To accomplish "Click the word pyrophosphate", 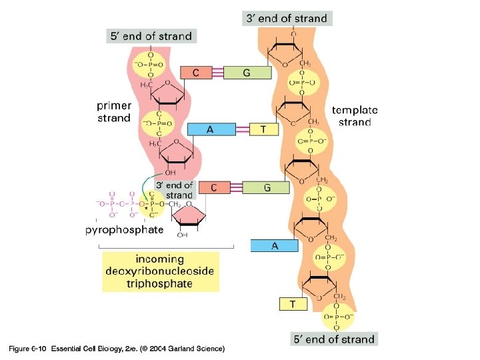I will (x=125, y=231).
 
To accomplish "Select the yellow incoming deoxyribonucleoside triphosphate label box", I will (x=160, y=271).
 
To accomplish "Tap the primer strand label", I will (x=114, y=111).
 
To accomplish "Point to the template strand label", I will (x=355, y=116).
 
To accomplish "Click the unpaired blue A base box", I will (x=274, y=246).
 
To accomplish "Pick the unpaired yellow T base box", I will (x=292, y=304).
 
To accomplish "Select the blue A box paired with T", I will (x=210, y=130).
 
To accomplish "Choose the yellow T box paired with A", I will (x=263, y=130).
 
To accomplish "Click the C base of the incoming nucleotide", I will (x=214, y=188).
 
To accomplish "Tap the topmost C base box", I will (x=196, y=73).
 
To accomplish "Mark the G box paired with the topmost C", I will (x=247, y=73).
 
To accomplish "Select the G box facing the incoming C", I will (x=267, y=188).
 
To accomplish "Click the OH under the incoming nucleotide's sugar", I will (x=183, y=235).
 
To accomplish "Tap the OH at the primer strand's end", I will (x=170, y=173).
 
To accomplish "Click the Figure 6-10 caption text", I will (x=116, y=349).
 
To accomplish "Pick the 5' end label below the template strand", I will (x=333, y=339).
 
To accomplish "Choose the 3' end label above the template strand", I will (x=287, y=18).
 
